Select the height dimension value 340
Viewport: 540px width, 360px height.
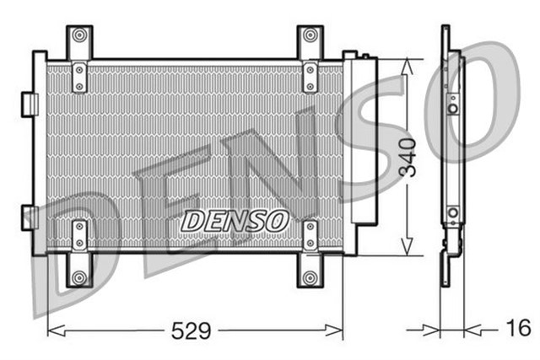click(x=408, y=157)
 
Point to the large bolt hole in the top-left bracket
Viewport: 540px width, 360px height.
click(x=79, y=35)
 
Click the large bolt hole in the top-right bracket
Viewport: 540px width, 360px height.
click(x=310, y=35)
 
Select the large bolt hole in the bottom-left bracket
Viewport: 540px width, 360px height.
click(x=79, y=277)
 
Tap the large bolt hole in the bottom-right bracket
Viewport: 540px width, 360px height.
click(x=310, y=277)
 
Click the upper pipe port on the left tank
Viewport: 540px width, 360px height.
click(x=30, y=103)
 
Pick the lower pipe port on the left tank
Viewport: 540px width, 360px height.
click(x=30, y=216)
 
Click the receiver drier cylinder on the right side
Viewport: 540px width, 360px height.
click(x=365, y=143)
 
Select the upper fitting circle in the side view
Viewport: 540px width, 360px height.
click(x=453, y=108)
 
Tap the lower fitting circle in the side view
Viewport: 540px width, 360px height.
click(x=453, y=212)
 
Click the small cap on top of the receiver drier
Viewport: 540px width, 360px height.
click(x=364, y=56)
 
